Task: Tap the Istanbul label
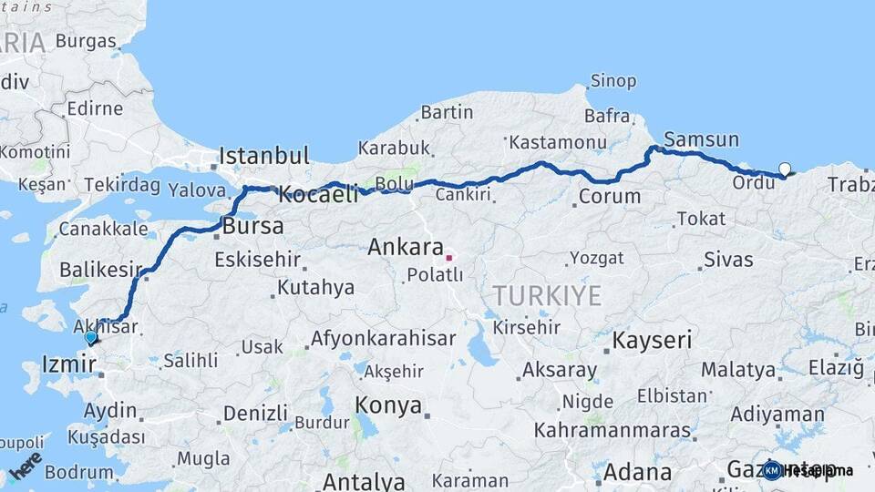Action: click(x=264, y=154)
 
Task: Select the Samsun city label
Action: click(x=698, y=139)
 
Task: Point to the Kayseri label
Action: click(x=652, y=341)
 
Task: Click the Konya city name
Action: click(x=388, y=405)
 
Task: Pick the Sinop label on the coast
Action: click(x=612, y=81)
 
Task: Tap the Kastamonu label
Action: click(x=558, y=142)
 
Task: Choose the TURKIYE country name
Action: click(x=547, y=295)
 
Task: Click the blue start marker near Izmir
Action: click(x=90, y=337)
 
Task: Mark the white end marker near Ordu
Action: click(x=785, y=169)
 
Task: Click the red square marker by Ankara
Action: click(x=448, y=257)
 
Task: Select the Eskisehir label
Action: click(x=257, y=261)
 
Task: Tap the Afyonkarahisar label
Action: click(x=383, y=339)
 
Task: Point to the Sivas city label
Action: click(x=728, y=260)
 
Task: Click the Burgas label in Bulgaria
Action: click(x=86, y=41)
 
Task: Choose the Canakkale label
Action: click(x=103, y=228)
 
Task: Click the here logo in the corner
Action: click(x=26, y=464)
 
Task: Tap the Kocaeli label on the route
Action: click(x=317, y=193)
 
